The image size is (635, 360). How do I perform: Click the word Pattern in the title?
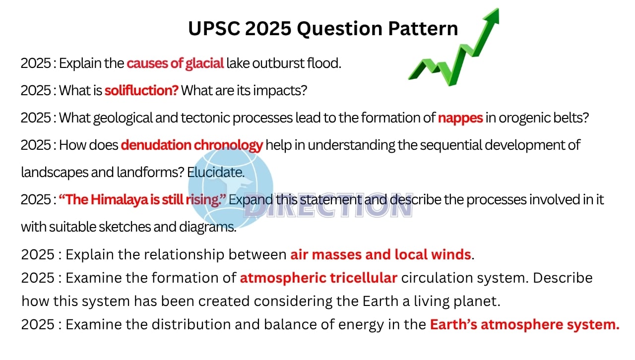coord(423,28)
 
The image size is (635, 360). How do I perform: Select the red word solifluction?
coord(141,90)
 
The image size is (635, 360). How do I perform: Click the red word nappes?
coord(460,118)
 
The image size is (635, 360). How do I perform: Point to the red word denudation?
coord(156,145)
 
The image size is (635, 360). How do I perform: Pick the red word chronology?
coord(228,146)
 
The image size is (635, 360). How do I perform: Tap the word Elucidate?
coord(216,172)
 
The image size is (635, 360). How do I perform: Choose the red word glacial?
coord(204,63)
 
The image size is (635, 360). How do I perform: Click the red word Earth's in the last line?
coord(453,324)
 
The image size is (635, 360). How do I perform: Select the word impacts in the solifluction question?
coord(280,91)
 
